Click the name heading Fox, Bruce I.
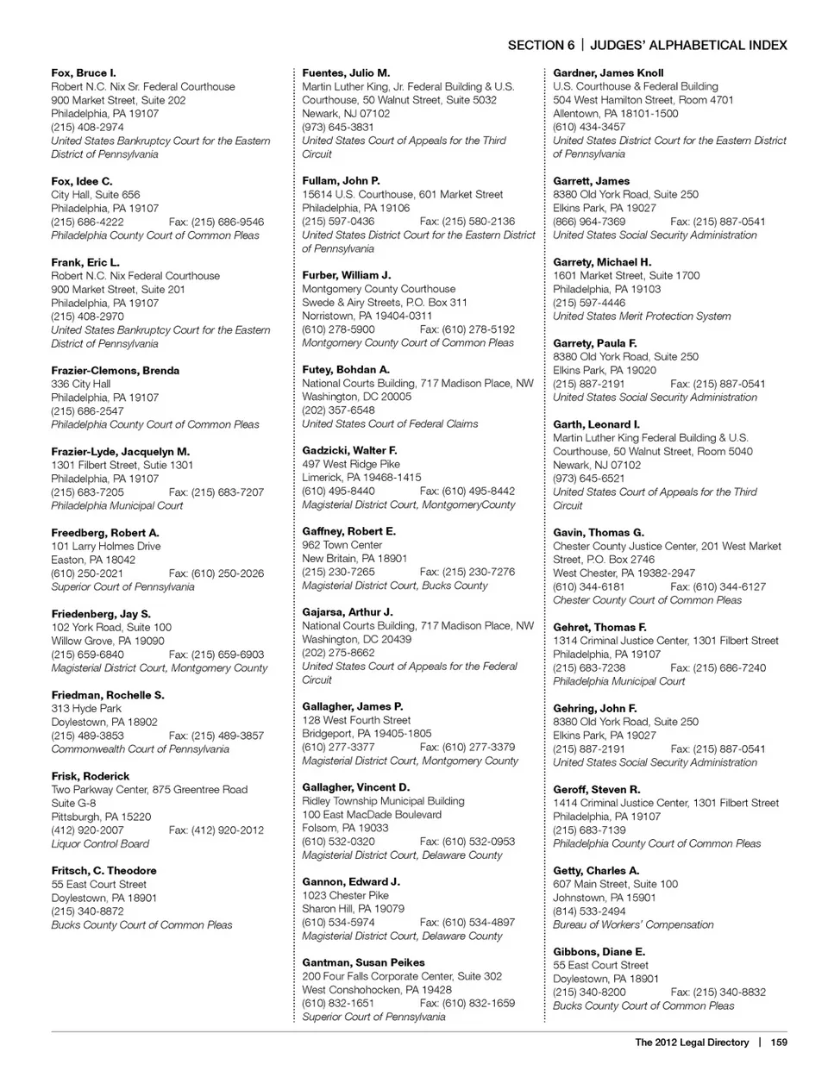83,73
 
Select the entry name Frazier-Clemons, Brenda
115,371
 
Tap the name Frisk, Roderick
90,776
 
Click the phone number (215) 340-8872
87,911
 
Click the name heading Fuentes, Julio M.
345,73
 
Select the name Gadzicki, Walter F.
349,450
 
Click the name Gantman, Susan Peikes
363,962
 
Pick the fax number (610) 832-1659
467,1003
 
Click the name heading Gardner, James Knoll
608,73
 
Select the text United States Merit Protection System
642,316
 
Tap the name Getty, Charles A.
596,871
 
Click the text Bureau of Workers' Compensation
633,924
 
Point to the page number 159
779,1043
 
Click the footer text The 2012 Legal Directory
692,1043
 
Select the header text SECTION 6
541,46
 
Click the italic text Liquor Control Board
100,844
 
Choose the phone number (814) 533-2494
589,911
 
